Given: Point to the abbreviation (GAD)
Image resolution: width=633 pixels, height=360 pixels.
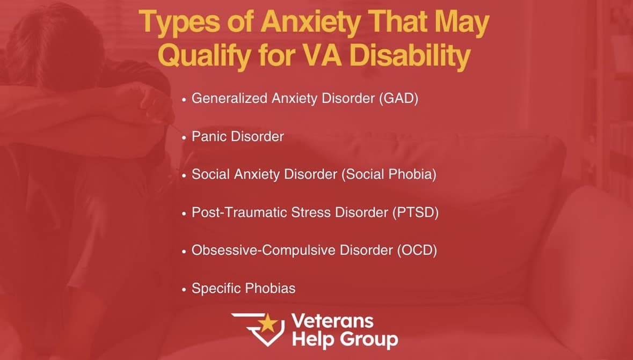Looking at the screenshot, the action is coord(398,99).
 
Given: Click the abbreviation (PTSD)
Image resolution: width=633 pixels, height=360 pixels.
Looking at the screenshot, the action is coord(416,212).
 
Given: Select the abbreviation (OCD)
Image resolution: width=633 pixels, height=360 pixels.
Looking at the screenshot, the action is coord(417,250).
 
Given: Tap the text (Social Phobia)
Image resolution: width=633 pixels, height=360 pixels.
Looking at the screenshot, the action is coord(389,174).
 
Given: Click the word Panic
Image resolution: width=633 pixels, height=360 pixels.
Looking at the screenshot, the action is coord(209,136).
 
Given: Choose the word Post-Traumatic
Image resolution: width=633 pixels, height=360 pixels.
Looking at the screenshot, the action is coord(239,212).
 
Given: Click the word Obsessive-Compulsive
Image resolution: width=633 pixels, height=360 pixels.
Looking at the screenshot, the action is coord(264,250).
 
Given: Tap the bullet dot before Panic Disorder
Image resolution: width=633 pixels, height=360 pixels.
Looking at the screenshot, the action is coord(184,138).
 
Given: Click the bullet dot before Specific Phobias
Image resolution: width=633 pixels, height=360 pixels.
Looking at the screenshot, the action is coord(184,289).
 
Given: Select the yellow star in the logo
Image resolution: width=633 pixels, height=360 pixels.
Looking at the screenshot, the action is coord(267,323).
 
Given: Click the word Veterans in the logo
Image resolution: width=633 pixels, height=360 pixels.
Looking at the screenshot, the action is coord(332,321).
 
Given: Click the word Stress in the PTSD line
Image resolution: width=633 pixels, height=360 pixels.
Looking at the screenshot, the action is coord(311,212).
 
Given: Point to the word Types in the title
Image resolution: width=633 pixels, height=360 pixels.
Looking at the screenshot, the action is coord(180,24).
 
